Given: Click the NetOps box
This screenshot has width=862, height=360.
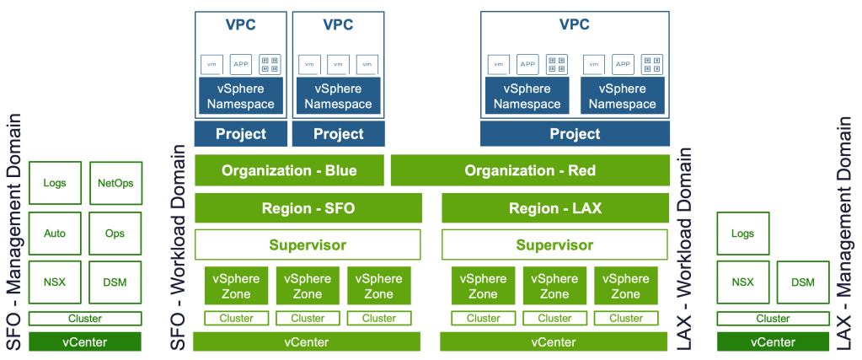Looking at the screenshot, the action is pyautogui.click(x=115, y=183).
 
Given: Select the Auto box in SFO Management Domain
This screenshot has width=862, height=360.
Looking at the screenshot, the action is pyautogui.click(x=55, y=234).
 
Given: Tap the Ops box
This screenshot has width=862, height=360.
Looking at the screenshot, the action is pyautogui.click(x=115, y=234).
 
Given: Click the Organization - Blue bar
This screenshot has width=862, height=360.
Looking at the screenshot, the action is pyautogui.click(x=289, y=170).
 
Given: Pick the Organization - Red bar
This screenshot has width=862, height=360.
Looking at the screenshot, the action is pyautogui.click(x=530, y=170).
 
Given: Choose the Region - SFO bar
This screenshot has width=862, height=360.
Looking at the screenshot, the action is pyautogui.click(x=308, y=208).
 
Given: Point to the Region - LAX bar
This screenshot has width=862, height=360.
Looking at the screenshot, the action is pyautogui.click(x=555, y=208).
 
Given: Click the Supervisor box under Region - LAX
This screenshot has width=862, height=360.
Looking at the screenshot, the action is pyautogui.click(x=555, y=244).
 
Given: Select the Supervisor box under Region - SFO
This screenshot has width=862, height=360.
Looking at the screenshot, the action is pyautogui.click(x=308, y=244).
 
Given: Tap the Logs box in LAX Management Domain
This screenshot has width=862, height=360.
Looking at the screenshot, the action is pyautogui.click(x=742, y=234).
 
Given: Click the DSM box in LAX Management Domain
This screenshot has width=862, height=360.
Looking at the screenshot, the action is pyautogui.click(x=803, y=282).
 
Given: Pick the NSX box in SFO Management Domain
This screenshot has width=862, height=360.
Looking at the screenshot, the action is pyautogui.click(x=55, y=282).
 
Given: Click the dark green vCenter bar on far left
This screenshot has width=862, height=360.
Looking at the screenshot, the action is pyautogui.click(x=85, y=341).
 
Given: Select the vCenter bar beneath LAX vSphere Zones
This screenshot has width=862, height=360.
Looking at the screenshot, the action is pyautogui.click(x=554, y=341).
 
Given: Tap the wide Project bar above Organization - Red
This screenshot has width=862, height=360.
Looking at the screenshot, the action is pyautogui.click(x=575, y=134).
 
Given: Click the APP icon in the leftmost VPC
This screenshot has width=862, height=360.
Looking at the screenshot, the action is pyautogui.click(x=241, y=64).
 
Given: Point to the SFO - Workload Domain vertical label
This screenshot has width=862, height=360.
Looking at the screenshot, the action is pyautogui.click(x=179, y=248).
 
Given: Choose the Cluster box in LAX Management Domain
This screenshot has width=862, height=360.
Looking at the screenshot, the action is pyautogui.click(x=773, y=319).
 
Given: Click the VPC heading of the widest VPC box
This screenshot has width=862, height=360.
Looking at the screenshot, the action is pyautogui.click(x=575, y=24).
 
